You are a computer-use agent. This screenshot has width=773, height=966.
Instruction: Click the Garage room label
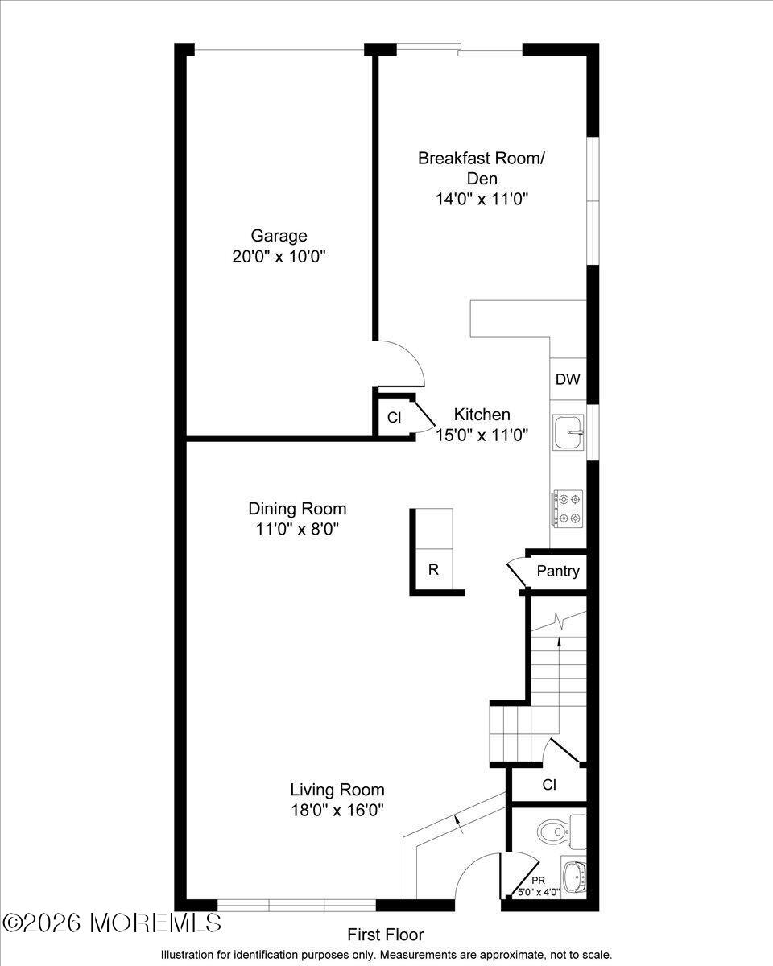(x=279, y=236)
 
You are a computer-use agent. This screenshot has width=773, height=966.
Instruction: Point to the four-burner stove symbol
(x=568, y=508)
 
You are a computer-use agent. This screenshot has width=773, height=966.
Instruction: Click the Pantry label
(x=558, y=572)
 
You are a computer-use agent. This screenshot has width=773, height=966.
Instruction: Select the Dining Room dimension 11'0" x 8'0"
(x=296, y=530)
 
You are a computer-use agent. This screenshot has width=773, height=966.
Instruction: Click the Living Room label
(x=337, y=790)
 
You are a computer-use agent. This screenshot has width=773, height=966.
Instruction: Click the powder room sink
(x=574, y=877)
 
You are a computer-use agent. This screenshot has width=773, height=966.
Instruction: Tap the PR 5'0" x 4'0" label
(x=539, y=886)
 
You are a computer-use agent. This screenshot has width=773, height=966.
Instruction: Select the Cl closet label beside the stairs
(x=549, y=784)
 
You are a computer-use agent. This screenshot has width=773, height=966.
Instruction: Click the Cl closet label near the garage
(x=394, y=418)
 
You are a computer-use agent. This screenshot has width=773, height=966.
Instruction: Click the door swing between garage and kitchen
(x=407, y=362)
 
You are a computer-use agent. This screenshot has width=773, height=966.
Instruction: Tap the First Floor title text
(x=385, y=935)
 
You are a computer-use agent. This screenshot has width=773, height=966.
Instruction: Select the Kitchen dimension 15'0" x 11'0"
(x=482, y=436)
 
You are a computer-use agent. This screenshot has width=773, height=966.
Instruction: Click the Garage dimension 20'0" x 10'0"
(x=279, y=257)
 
